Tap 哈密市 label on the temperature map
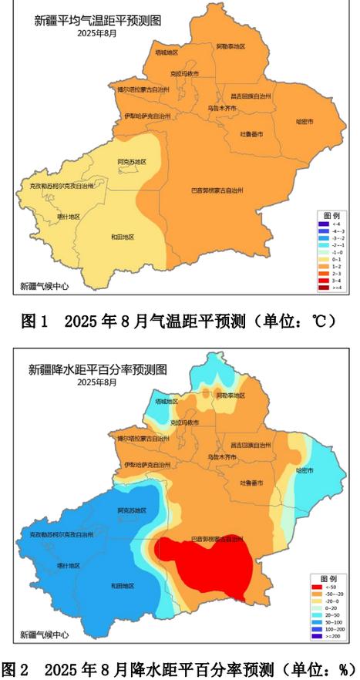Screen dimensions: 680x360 pos(305,122)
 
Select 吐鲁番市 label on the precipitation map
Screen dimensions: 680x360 pos(251,483)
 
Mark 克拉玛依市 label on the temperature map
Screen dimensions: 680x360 pos(184,73)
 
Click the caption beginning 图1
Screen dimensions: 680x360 pos(178,321)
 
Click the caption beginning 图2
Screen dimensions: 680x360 pos(180,668)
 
